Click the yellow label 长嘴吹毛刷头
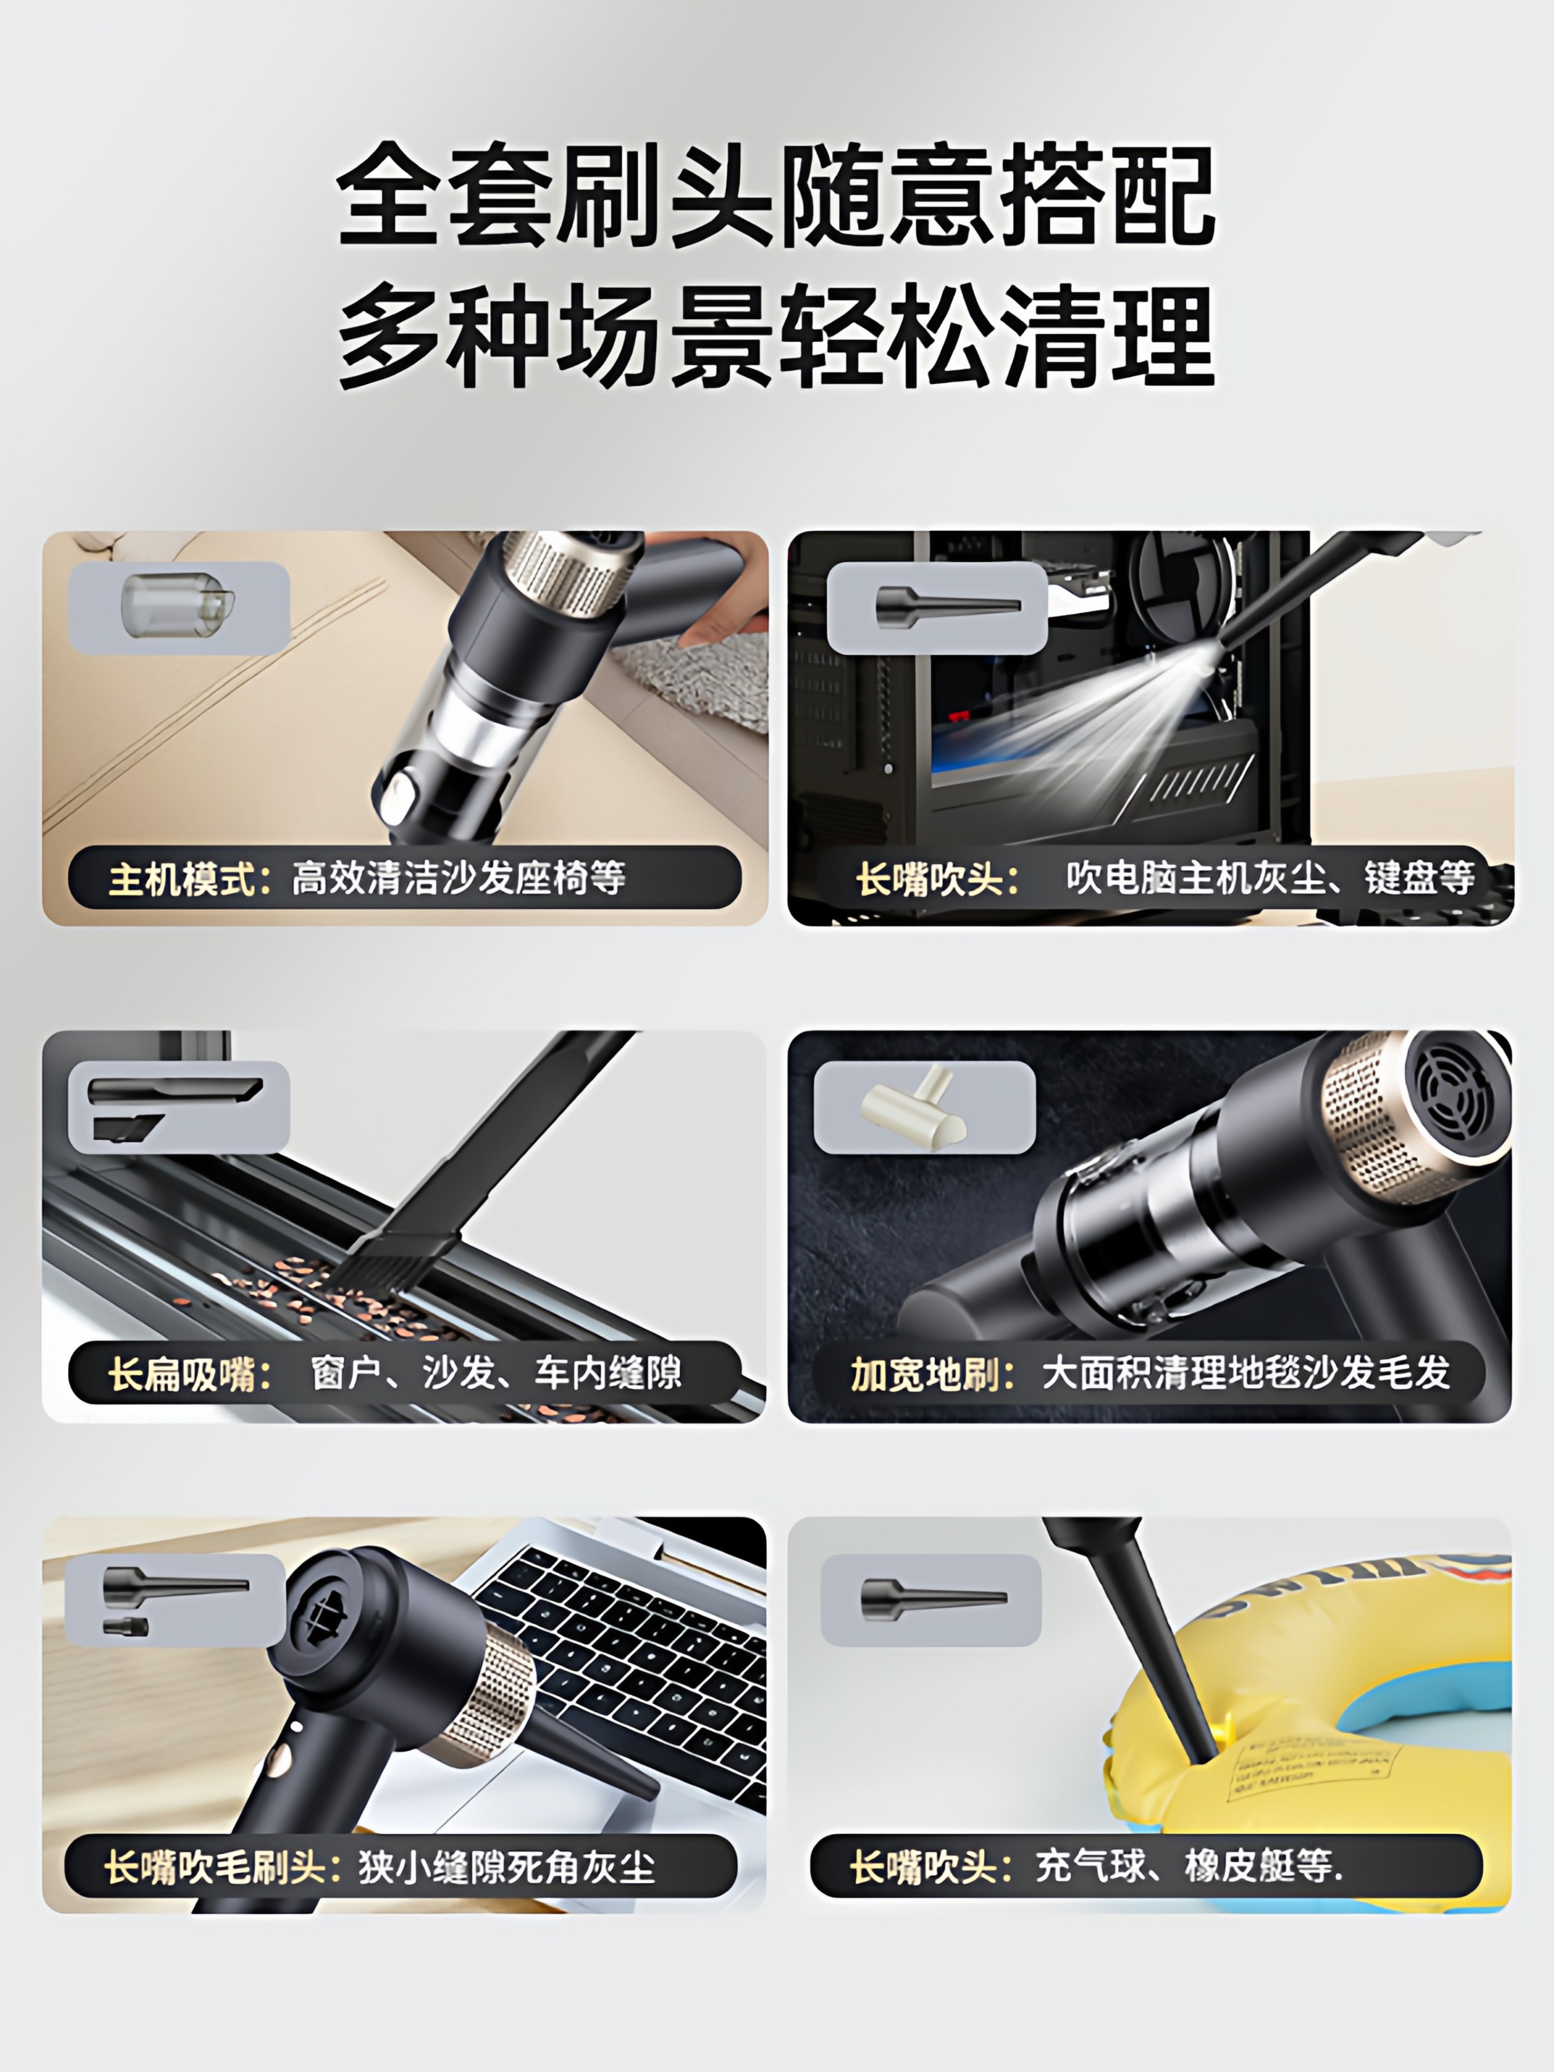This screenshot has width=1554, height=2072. [211, 1867]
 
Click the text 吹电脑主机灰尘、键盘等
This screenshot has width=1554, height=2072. [1269, 877]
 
